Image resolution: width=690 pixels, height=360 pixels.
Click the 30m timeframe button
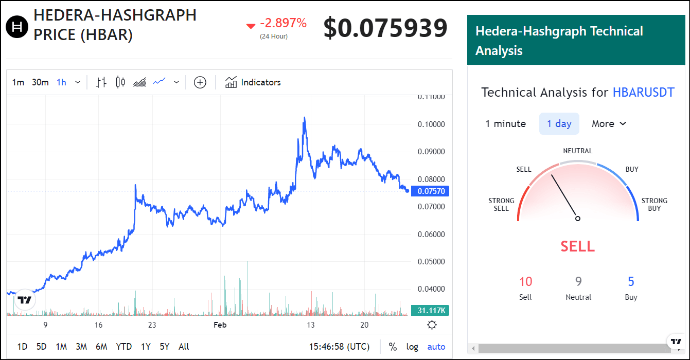tap(40, 82)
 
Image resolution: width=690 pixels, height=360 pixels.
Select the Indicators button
tap(253, 82)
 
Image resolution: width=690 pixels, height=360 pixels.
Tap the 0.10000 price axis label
tap(431, 124)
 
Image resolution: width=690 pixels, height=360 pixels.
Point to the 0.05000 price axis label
tap(431, 262)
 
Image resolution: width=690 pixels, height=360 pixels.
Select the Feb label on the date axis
tap(220, 325)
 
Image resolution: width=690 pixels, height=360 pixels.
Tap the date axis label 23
tap(152, 325)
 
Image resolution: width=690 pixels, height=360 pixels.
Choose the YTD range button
tap(124, 347)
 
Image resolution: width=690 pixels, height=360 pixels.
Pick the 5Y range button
tap(165, 347)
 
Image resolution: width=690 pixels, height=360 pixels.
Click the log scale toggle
tap(412, 347)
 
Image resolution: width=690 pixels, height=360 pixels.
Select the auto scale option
tap(436, 347)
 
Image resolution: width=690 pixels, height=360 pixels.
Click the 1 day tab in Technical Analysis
tap(559, 123)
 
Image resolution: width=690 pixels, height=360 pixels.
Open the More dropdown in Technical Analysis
tap(609, 123)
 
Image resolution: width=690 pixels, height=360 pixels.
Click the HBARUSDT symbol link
tap(643, 93)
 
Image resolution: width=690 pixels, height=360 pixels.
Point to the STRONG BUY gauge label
tap(654, 205)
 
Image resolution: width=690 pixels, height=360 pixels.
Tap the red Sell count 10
tap(525, 282)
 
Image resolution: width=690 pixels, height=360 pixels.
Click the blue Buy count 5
tap(631, 282)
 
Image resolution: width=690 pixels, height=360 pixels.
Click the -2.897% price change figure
tap(283, 23)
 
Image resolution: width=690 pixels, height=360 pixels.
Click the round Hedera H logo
tap(17, 27)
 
